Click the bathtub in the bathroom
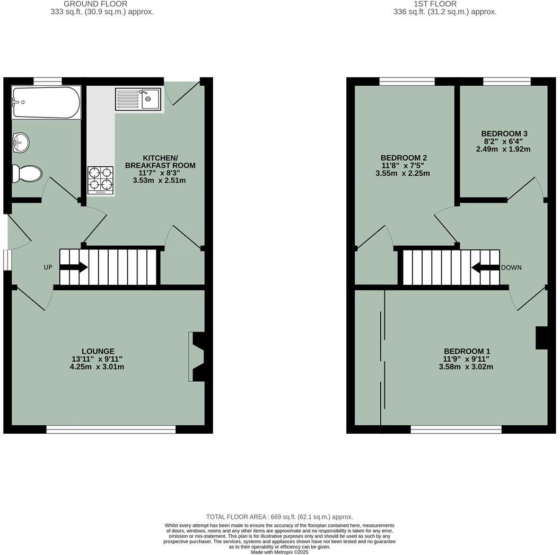coord(46,102)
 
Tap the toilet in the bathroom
coord(27,173)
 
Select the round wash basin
coord(21,141)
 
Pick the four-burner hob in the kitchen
coord(101,180)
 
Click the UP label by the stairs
coord(48,267)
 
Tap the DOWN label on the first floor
coord(511,267)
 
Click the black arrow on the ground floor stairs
coord(74,267)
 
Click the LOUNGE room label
coord(98,351)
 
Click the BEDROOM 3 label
coord(504,133)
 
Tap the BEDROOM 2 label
coord(404,158)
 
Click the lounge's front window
coord(111,429)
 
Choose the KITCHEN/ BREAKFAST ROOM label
coord(160,162)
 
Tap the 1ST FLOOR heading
coord(435,4)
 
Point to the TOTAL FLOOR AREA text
coord(279,517)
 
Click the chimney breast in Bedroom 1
coord(541,338)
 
